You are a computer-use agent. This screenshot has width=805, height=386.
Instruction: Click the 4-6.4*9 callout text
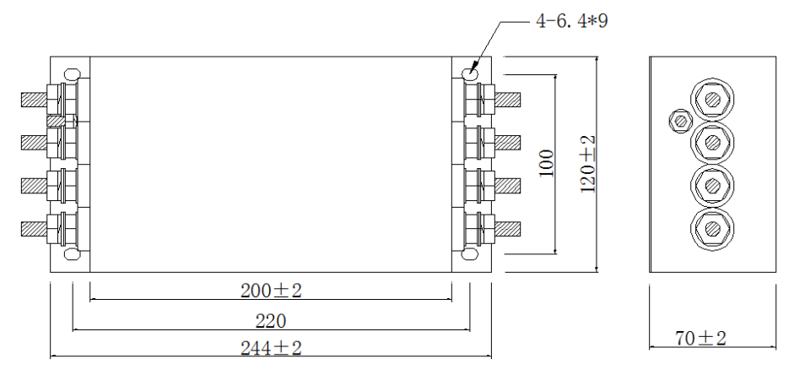click(571, 21)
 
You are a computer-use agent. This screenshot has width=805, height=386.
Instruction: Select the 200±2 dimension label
click(271, 291)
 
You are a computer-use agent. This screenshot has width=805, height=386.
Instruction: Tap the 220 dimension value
click(271, 321)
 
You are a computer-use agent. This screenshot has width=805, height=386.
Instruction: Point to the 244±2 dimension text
click(271, 347)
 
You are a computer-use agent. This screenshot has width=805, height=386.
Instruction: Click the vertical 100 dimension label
click(545, 163)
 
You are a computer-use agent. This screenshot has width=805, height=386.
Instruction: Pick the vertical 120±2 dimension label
click(588, 163)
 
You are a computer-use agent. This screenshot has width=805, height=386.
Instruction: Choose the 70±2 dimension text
click(700, 339)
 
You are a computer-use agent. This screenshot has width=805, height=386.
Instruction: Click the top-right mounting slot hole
click(471, 74)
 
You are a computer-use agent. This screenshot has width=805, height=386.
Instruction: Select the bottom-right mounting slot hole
click(471, 253)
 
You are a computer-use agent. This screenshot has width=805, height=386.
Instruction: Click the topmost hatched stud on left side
click(33, 99)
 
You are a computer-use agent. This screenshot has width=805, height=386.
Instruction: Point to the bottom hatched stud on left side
click(33, 228)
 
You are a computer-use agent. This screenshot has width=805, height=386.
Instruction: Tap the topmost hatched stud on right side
click(509, 100)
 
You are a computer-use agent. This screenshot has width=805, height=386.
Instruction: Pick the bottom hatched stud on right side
click(509, 228)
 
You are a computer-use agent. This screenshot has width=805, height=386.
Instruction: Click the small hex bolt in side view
click(678, 121)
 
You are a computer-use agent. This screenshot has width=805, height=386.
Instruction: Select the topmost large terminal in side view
click(713, 100)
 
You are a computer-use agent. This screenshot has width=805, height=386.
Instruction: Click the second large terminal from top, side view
click(713, 141)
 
